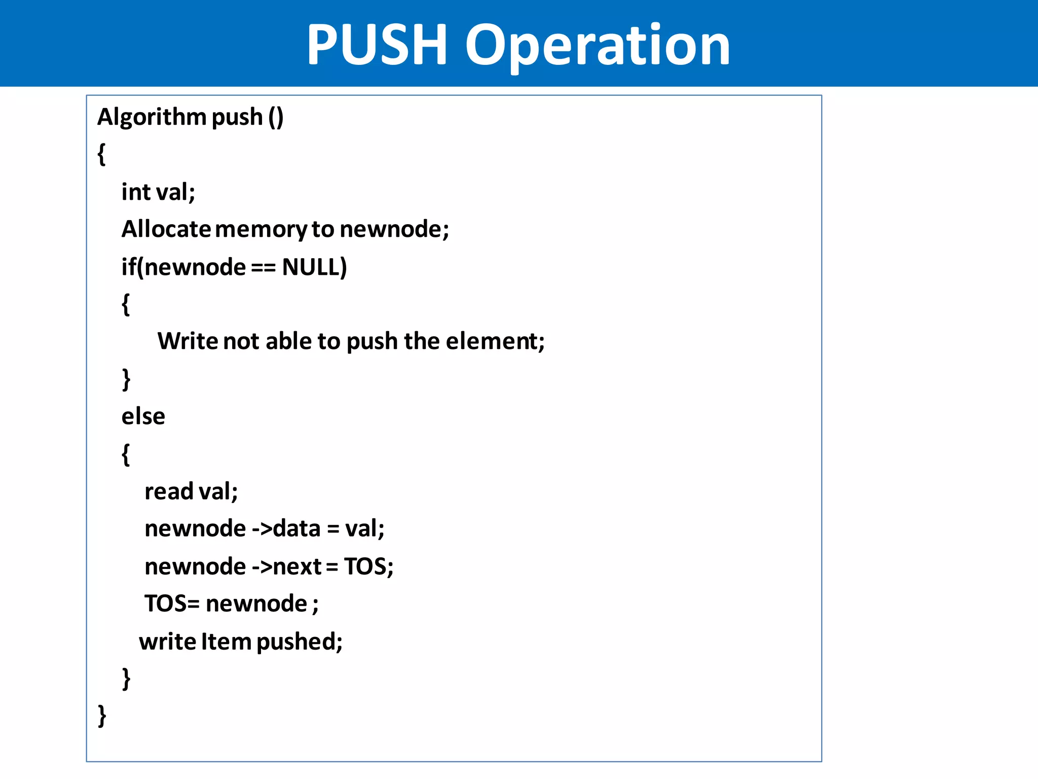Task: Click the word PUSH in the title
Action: point(377,46)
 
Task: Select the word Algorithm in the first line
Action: point(152,118)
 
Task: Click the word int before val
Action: point(136,192)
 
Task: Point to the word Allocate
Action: point(166,229)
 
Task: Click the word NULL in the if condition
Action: point(314,267)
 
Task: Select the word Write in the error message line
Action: point(187,341)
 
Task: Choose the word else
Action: point(143,416)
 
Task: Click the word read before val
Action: point(169,491)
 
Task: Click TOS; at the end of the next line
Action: point(368,566)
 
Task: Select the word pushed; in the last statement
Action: point(299,642)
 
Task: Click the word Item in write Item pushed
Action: point(226,642)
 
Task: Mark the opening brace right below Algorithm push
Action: point(101,154)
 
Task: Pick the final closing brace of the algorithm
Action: point(102,716)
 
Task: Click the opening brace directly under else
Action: point(126,454)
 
